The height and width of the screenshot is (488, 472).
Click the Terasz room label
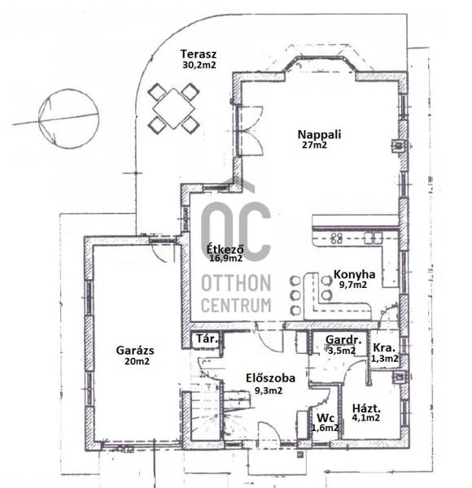coord(199,54)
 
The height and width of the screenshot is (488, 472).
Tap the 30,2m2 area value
coord(199,65)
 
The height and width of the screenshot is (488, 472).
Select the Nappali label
coord(320,134)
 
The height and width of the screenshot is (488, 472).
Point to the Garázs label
coord(135,351)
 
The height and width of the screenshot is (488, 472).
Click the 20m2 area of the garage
coord(137,361)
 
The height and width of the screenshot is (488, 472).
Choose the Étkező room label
coord(225,249)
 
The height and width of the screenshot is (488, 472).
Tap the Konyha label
coord(354,275)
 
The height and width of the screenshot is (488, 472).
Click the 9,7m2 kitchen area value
coord(352,285)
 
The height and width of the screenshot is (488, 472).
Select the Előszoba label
coord(270,378)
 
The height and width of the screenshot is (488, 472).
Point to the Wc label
coord(326,418)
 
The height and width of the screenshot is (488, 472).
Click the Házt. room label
coord(366,408)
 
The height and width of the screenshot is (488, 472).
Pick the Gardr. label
coord(343,339)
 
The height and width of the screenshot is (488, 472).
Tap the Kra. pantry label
coord(384,347)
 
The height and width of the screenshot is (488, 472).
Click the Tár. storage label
coord(207,338)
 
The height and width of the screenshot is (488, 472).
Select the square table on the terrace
coord(173,108)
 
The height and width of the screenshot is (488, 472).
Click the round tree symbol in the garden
coord(68,119)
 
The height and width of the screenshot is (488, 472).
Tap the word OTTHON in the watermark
coord(236,283)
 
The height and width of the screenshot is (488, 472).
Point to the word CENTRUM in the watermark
coord(236,305)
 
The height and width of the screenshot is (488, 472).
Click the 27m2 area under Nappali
coord(314,145)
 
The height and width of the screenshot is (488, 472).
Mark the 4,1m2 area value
coord(366,418)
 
